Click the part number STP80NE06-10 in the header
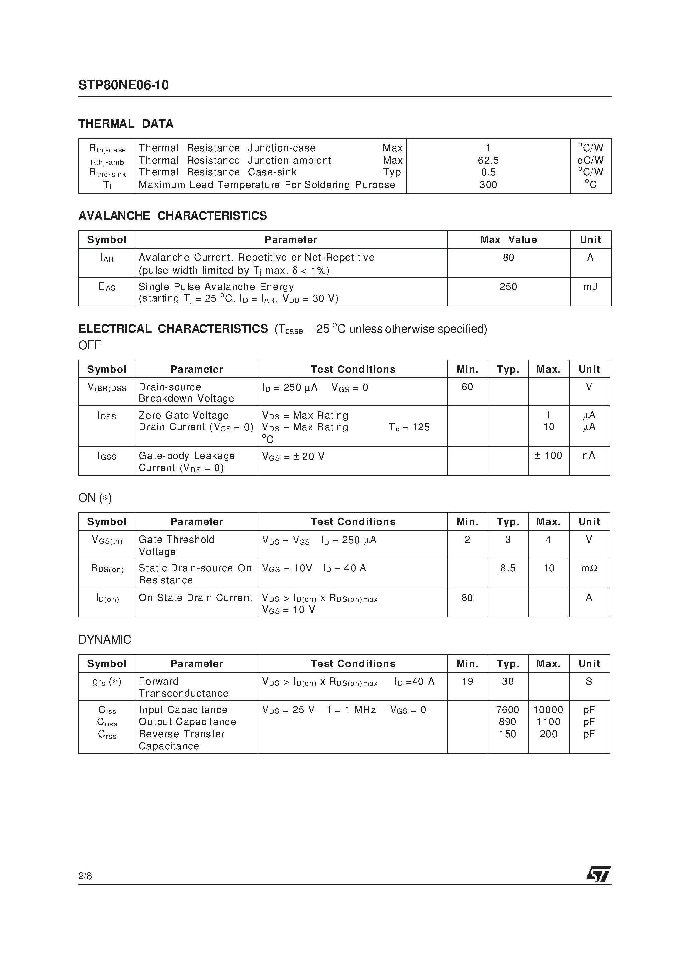click(x=123, y=85)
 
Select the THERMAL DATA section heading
click(x=126, y=124)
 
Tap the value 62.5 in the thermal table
click(x=488, y=160)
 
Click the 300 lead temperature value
click(x=488, y=185)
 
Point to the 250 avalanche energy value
click(x=508, y=287)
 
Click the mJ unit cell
click(x=590, y=287)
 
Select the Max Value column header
click(x=508, y=240)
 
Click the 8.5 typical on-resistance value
click(x=508, y=568)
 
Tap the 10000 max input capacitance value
click(x=548, y=710)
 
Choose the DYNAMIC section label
click(x=105, y=640)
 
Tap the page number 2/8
click(x=85, y=876)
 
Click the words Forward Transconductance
click(x=183, y=687)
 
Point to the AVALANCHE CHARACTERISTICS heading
click(x=173, y=216)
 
